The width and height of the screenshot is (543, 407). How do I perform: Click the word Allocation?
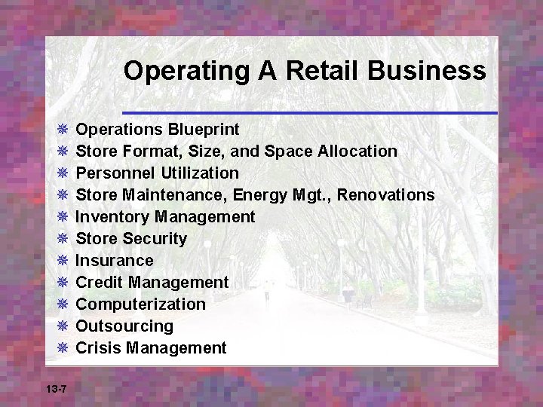(x=357, y=151)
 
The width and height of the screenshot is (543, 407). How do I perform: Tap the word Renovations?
(x=385, y=195)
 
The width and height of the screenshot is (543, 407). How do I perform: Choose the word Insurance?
(x=115, y=261)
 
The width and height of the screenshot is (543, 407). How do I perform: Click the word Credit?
(x=100, y=283)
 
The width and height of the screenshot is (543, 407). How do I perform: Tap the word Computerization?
(x=141, y=304)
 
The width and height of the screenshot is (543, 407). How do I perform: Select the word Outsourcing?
(x=125, y=326)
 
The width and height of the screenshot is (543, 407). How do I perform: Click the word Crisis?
(x=99, y=348)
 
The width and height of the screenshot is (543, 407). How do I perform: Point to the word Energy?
(x=259, y=195)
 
